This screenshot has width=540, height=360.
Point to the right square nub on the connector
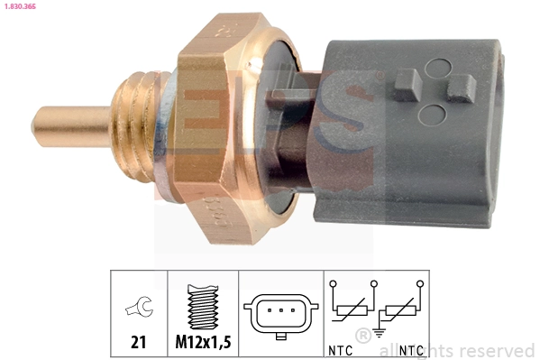tap(462, 87)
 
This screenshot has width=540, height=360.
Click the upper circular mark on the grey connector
tap(439, 66)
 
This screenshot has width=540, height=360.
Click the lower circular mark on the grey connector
tap(434, 115)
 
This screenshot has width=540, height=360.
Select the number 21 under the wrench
tap(139, 344)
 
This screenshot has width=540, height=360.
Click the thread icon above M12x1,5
tap(202, 308)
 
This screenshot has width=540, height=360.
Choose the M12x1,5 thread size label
tap(203, 344)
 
